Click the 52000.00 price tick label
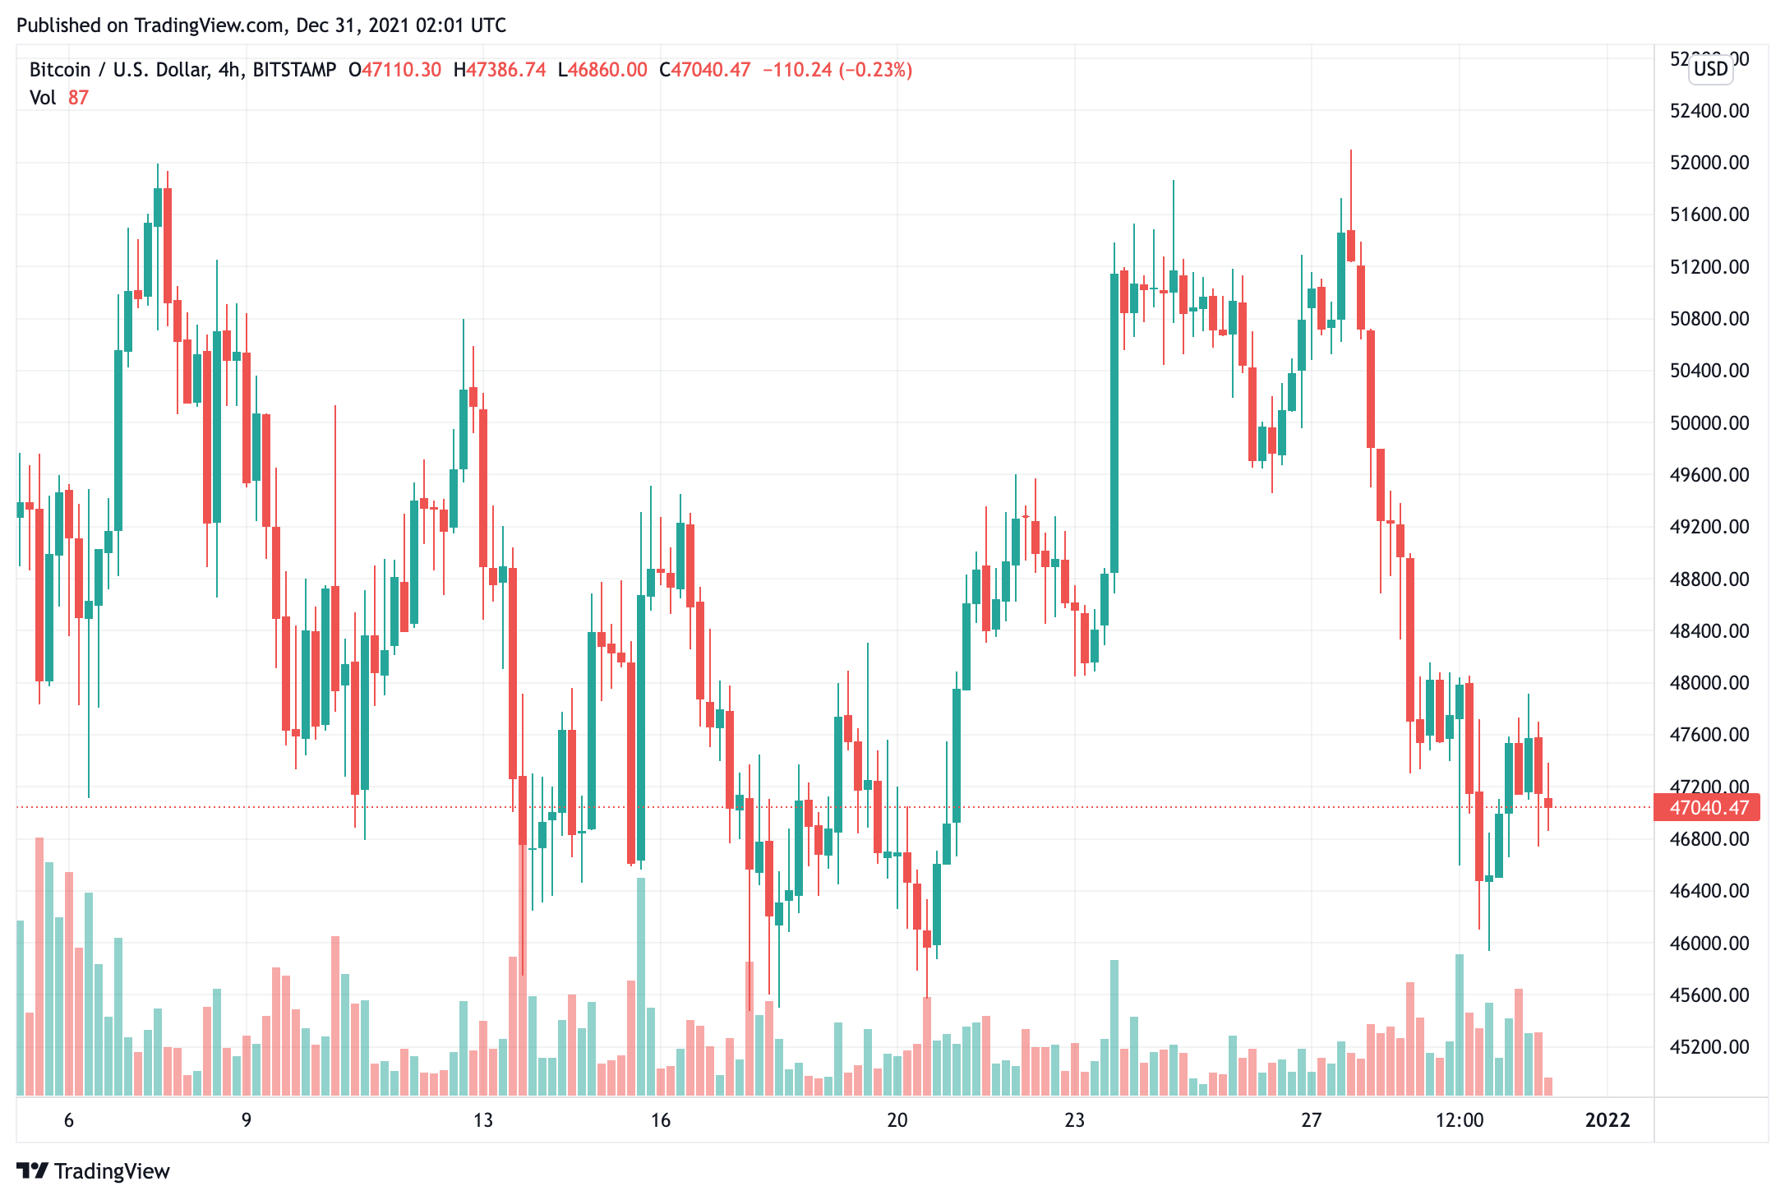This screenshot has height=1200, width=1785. point(1709,163)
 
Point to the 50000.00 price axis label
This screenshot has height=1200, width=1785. point(1709,423)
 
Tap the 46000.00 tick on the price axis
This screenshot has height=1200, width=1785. point(1709,944)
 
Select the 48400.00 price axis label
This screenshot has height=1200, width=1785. point(1709,631)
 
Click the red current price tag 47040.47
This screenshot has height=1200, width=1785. point(1707,807)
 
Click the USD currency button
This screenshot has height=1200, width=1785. point(1710,69)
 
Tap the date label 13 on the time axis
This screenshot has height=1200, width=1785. point(483,1119)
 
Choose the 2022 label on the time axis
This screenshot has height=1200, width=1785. point(1607,1119)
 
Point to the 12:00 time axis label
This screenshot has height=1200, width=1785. point(1460,1119)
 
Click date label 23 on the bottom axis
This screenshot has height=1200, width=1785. point(1074,1119)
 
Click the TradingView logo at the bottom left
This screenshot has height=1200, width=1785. point(93,1170)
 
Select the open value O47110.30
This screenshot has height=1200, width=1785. point(395,70)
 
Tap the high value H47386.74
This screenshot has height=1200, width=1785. point(500,70)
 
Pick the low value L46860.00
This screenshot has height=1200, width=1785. point(602,70)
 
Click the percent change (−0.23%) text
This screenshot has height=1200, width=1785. point(875,70)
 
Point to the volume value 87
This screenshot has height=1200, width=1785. point(78,98)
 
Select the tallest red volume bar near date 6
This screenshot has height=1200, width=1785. point(39,966)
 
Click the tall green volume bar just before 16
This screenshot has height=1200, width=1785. point(641,986)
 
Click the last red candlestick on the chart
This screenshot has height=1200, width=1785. point(1548,802)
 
